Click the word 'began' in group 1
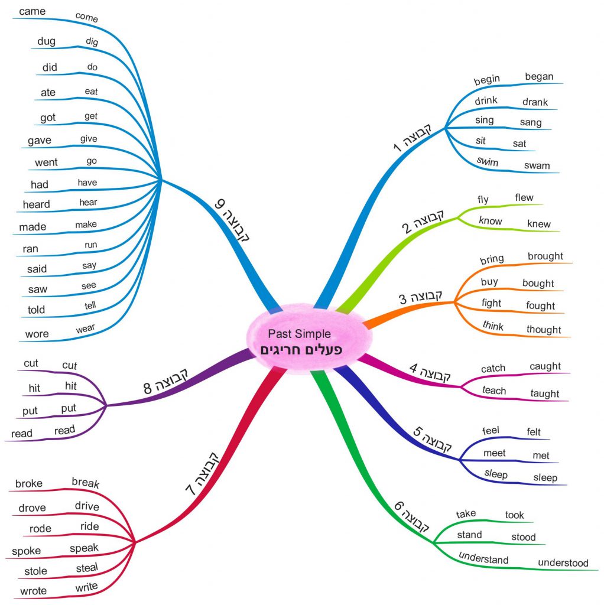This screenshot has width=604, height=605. (x=539, y=76)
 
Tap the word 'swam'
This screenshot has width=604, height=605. (x=537, y=165)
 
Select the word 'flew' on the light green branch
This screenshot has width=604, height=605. (x=524, y=197)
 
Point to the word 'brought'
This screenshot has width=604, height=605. (x=545, y=256)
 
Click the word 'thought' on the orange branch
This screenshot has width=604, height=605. (x=544, y=329)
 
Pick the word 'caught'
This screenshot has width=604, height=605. (x=545, y=366)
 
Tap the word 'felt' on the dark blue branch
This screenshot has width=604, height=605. (x=534, y=432)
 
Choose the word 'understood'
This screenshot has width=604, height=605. (x=563, y=562)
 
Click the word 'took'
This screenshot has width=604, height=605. (x=514, y=515)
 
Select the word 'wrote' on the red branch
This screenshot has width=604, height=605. (x=33, y=591)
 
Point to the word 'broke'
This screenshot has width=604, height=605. (x=29, y=483)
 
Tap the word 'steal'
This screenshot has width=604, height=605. (x=87, y=568)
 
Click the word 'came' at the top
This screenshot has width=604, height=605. (x=32, y=11)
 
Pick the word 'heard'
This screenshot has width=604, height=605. (x=36, y=204)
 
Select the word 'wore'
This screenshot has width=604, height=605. (x=37, y=334)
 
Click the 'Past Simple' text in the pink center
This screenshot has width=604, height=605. (x=299, y=334)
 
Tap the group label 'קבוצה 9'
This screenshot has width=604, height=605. (x=232, y=222)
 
